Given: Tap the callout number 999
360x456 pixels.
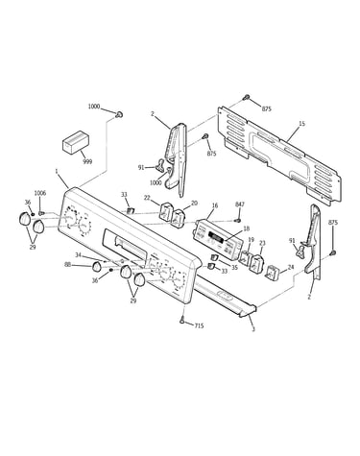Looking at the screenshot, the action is pyautogui.click(x=87, y=162).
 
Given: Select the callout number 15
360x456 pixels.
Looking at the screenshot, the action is pyautogui.click(x=301, y=124).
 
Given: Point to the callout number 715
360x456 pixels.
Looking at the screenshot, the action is pyautogui.click(x=199, y=326).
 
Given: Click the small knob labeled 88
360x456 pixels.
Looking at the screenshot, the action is pyautogui.click(x=97, y=266).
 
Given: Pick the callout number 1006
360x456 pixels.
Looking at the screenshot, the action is pyautogui.click(x=40, y=193).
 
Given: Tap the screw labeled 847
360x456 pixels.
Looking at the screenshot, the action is pyautogui.click(x=237, y=220).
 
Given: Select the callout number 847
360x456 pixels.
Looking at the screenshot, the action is pyautogui.click(x=240, y=204).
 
